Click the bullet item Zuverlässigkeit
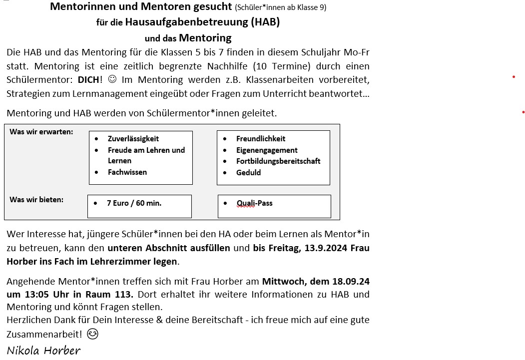(133, 139)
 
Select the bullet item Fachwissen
(127, 172)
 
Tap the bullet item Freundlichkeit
(261, 139)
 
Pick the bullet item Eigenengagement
(267, 150)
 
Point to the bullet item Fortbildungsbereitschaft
(278, 161)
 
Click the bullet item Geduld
(248, 173)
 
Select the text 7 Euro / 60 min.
(134, 203)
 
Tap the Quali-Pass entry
(254, 203)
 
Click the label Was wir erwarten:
(41, 132)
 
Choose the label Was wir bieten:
(36, 200)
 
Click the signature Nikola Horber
(43, 350)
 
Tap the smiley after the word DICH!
(112, 79)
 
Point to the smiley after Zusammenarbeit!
(92, 334)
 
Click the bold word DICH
(89, 79)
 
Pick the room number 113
(124, 294)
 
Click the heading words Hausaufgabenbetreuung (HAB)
(202, 22)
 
